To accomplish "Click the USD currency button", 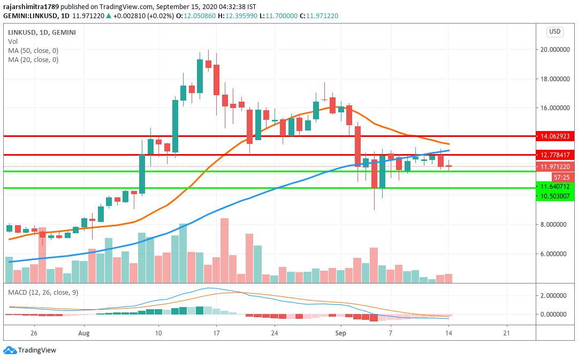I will [x=555, y=32].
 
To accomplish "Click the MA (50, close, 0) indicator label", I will [x=33, y=51].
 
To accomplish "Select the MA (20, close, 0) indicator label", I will [x=33, y=60].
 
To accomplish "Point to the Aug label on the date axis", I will [x=84, y=332].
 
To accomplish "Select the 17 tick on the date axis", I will [x=216, y=332].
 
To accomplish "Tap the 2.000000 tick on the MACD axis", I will [x=554, y=295].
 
